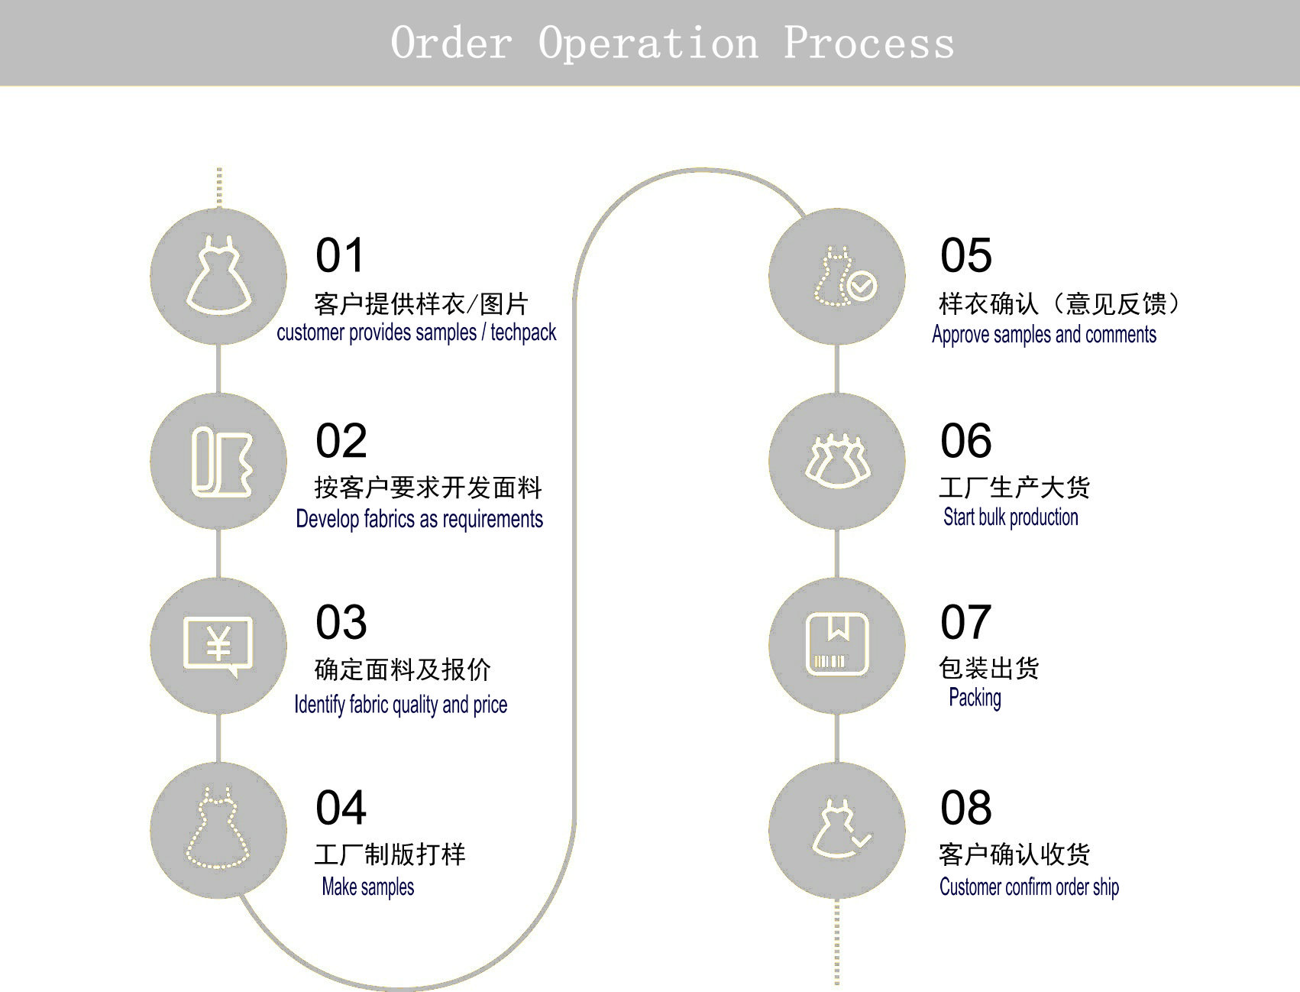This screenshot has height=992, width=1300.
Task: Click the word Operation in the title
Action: [x=648, y=43]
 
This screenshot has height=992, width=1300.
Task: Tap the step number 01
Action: [x=340, y=255]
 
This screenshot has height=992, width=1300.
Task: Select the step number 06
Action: [x=965, y=441]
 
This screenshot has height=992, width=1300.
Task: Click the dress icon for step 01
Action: [x=218, y=276]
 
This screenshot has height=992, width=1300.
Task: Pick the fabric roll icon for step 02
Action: [x=220, y=462]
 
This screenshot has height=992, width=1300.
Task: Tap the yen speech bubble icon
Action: [x=218, y=646]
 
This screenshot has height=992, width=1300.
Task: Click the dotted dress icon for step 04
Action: [x=218, y=830]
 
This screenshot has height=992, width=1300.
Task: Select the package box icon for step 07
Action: [x=837, y=644]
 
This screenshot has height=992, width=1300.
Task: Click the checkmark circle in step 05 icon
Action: [x=862, y=287]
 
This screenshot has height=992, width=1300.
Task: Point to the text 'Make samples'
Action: [x=367, y=887]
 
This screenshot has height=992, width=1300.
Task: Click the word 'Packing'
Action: [x=975, y=698]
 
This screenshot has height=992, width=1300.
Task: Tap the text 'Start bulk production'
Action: [x=1011, y=517]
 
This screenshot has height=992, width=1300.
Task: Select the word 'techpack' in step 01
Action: [x=523, y=332]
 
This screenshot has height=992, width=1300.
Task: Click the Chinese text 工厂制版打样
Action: [x=390, y=854]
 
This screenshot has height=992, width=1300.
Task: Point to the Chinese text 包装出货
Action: [x=988, y=669]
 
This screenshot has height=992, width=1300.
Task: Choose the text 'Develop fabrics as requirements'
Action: [x=419, y=519]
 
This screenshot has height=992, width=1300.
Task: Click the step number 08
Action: [x=965, y=808]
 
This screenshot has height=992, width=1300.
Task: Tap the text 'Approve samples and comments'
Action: [x=1043, y=335]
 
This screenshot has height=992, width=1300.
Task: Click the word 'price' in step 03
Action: [x=490, y=705]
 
